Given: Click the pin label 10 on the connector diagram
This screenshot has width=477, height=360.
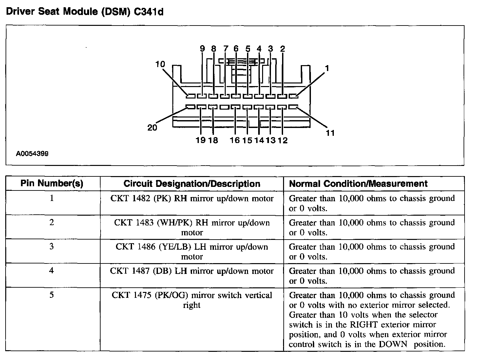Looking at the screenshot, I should [x=160, y=64].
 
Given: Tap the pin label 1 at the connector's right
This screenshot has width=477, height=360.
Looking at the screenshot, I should [x=327, y=68].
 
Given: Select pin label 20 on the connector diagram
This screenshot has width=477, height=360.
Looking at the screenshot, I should [x=152, y=128].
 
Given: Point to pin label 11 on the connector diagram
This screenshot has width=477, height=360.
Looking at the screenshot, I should [x=330, y=133].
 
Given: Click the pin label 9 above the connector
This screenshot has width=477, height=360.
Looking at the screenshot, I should [x=202, y=49].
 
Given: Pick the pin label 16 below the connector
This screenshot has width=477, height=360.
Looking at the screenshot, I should [x=235, y=140].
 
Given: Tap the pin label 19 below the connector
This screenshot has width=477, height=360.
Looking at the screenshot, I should [x=200, y=140].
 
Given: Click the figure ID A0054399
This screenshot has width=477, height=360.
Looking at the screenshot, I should [x=32, y=153].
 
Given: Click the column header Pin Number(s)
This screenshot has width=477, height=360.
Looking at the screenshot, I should [x=52, y=183].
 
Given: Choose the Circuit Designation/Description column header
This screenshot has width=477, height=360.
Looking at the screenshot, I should [x=192, y=184].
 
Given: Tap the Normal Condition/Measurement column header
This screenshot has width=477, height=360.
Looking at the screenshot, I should [x=358, y=184].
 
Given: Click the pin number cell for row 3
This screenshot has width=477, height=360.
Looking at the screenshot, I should [x=51, y=246].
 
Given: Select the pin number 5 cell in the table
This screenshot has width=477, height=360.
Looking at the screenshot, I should [x=51, y=295].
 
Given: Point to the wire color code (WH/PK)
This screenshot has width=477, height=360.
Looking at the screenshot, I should [x=174, y=223].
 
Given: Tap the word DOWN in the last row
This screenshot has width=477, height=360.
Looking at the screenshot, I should [x=393, y=344].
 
